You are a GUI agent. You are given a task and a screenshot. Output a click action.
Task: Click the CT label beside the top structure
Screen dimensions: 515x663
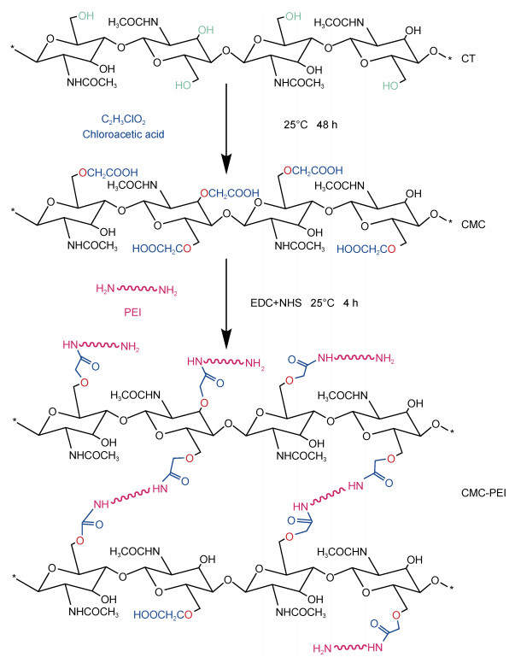(468, 58)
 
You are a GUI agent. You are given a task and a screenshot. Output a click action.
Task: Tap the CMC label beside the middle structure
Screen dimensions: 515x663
(473, 224)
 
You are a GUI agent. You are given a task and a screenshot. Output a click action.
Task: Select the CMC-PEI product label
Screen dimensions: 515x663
(483, 493)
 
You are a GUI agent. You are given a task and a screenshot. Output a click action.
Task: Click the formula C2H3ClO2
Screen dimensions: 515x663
(124, 120)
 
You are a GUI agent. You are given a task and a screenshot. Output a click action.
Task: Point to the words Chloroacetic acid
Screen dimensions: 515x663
(124, 134)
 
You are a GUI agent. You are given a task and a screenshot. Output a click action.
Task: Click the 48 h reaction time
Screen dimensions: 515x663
(327, 125)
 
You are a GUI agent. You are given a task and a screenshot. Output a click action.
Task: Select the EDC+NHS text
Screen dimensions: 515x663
(274, 303)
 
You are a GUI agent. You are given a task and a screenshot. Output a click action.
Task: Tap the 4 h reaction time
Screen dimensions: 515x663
(350, 303)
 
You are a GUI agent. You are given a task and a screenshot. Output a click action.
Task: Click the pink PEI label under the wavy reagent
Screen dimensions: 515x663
(132, 313)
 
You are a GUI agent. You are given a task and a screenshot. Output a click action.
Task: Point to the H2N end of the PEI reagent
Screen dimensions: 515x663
(106, 289)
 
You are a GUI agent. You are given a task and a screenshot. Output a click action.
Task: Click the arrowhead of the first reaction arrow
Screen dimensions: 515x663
(226, 164)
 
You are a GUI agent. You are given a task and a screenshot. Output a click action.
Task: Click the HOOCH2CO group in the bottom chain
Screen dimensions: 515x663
(163, 615)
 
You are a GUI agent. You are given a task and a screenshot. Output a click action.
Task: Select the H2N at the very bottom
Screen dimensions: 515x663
(322, 648)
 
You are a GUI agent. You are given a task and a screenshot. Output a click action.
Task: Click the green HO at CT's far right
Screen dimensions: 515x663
(390, 85)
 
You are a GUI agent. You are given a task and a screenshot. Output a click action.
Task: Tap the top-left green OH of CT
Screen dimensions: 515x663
(85, 16)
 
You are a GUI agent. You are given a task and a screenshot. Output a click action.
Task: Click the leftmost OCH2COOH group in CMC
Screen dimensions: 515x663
(108, 172)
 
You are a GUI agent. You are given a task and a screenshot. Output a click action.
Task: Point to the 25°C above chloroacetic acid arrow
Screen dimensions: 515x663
(296, 125)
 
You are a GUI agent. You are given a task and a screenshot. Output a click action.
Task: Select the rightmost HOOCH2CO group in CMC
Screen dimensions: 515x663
(366, 249)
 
